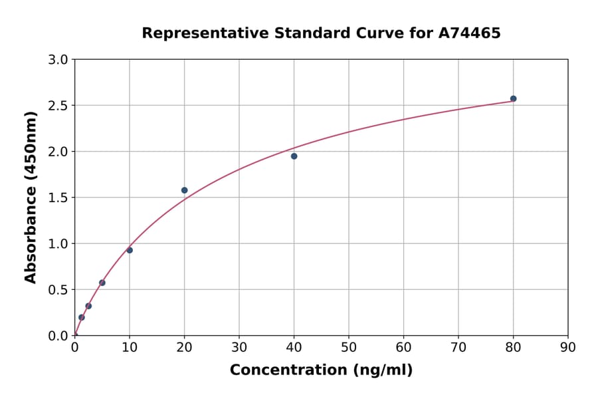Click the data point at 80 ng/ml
tap(513, 98)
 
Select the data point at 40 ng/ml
tap(294, 156)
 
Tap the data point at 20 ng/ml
tap(184, 190)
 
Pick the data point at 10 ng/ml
tap(130, 250)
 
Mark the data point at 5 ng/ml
tap(102, 283)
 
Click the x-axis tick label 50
tap(349, 347)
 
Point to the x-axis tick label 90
tap(568, 347)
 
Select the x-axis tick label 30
tap(239, 347)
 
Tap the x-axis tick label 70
tap(458, 347)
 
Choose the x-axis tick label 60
tap(403, 347)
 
